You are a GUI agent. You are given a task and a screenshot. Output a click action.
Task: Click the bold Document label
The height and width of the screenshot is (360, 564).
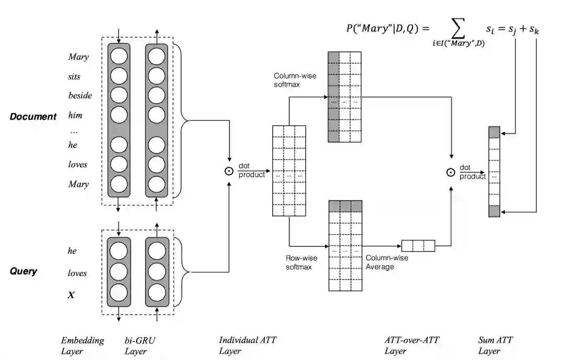click(33, 117)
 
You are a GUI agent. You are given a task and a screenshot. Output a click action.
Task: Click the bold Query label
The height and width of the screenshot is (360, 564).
click(23, 271)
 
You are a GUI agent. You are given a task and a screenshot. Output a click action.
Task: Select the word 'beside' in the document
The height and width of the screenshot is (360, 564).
click(80, 96)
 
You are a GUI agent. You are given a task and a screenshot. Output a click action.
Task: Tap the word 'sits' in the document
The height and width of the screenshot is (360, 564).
click(74, 76)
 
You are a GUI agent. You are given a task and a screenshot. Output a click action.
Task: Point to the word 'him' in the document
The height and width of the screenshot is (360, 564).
click(75, 115)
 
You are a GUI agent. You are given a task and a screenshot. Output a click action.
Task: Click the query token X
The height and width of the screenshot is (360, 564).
click(71, 295)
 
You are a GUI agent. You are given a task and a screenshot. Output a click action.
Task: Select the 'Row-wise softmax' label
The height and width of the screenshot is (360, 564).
click(301, 262)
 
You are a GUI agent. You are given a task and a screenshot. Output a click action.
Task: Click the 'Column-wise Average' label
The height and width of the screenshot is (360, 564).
click(386, 262)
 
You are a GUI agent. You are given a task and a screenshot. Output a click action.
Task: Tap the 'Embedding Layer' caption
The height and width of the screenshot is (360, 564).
click(82, 345)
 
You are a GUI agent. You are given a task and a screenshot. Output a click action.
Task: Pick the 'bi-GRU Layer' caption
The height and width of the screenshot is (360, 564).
click(140, 345)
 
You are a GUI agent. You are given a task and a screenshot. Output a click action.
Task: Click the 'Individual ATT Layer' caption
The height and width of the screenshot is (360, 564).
click(247, 345)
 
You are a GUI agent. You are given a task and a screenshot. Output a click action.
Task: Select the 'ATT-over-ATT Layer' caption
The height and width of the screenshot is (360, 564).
click(412, 345)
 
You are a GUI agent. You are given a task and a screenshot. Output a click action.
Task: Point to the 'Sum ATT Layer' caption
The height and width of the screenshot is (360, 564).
click(495, 345)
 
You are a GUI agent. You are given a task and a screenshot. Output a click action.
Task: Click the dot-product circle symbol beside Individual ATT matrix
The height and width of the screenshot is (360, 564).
click(228, 171)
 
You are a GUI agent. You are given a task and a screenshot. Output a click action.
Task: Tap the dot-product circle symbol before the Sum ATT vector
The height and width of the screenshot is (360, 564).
click(451, 171)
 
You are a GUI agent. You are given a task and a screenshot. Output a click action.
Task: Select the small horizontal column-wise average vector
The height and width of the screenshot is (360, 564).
click(418, 246)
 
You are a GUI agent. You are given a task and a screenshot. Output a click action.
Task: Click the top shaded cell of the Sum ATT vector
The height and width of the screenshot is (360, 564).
click(494, 132)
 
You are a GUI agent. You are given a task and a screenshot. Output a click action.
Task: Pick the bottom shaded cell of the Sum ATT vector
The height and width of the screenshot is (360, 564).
click(494, 211)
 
